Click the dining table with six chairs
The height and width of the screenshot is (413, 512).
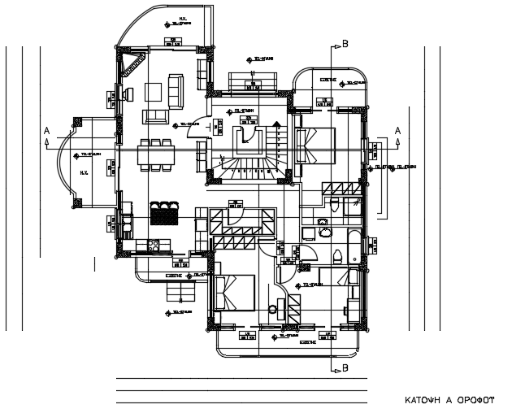pos(155,154)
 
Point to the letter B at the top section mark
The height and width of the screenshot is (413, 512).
pos(345,44)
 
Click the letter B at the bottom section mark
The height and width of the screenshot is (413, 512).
pos(345,368)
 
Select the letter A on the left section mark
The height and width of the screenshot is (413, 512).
pos(46,130)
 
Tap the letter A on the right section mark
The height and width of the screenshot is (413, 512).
pos(397,130)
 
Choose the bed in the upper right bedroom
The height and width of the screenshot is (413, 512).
pos(313,146)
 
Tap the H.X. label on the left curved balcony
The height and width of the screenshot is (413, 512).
pos(83,172)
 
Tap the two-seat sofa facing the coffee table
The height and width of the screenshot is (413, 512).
pos(154,115)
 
